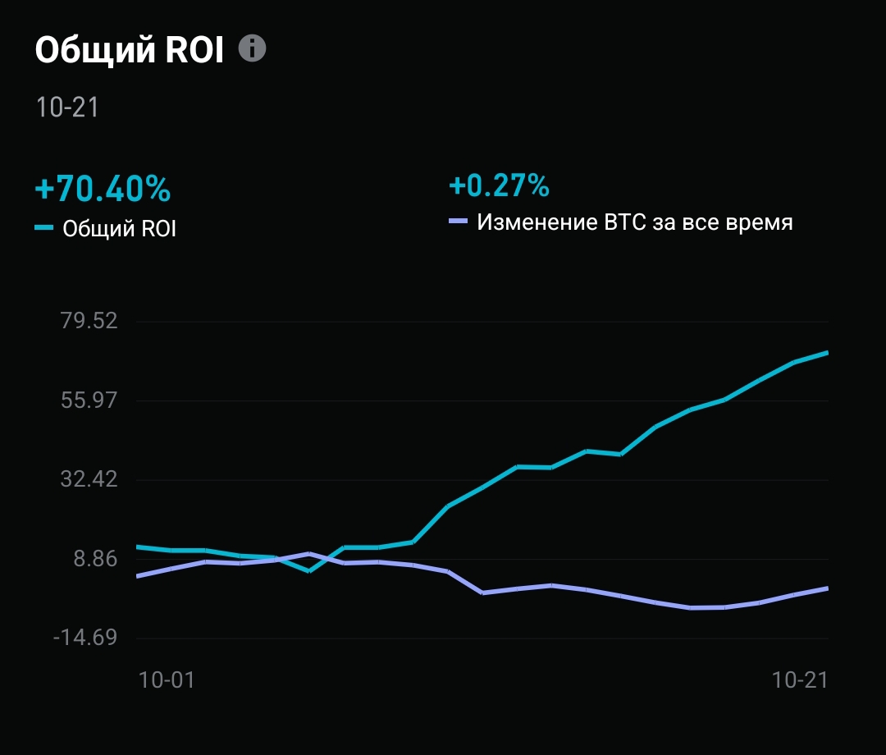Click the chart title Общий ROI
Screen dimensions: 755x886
point(129,51)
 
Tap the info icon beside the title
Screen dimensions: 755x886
point(253,48)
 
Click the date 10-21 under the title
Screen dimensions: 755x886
point(67,108)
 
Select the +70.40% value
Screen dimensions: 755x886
point(103,190)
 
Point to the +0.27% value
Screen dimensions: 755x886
point(499,185)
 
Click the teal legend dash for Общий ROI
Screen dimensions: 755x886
point(44,227)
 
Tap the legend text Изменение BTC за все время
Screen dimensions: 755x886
point(635,222)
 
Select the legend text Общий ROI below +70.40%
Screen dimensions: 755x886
point(120,229)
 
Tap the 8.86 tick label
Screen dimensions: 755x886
point(96,559)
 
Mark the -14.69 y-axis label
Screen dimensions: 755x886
point(85,638)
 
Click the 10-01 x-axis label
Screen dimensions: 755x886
point(167,679)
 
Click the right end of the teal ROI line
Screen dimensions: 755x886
point(827,353)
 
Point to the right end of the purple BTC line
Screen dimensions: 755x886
point(827,588)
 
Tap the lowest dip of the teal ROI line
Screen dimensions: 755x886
point(308,570)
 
